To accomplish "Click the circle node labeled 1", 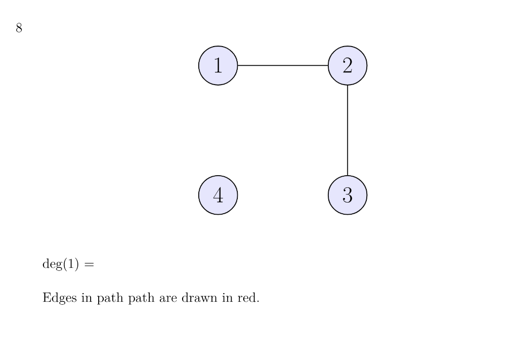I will [x=218, y=65].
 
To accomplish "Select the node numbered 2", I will [x=348, y=65].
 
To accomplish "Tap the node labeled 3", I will [x=348, y=195].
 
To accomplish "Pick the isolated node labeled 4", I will [x=218, y=195].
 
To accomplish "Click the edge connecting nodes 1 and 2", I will [x=283, y=65].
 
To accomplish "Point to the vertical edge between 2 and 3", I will [x=348, y=130].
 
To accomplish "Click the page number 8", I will [x=19, y=28].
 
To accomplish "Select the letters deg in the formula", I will [x=52, y=265].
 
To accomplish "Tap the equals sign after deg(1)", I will [x=89, y=265].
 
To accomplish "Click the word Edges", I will [x=57, y=298].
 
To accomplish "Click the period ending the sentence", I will [x=257, y=301].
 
